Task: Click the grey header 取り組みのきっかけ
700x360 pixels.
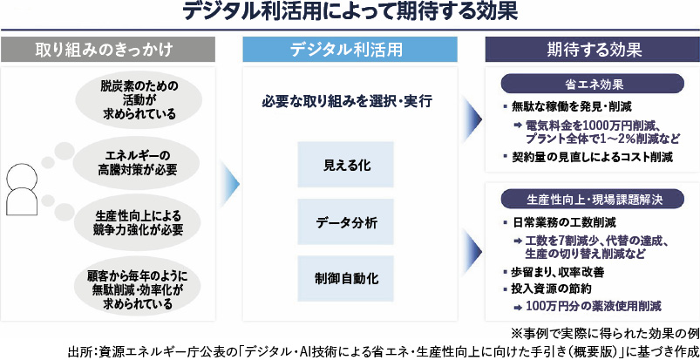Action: point(110,50)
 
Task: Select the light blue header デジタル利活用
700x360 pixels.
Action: point(350,50)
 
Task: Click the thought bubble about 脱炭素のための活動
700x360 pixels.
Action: point(139,99)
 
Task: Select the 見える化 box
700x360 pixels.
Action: point(347,165)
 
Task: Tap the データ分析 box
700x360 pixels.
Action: point(347,222)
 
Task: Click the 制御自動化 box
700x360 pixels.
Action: point(347,279)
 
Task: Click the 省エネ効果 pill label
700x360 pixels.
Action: point(592,85)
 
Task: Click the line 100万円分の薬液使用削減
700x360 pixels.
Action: point(593,306)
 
